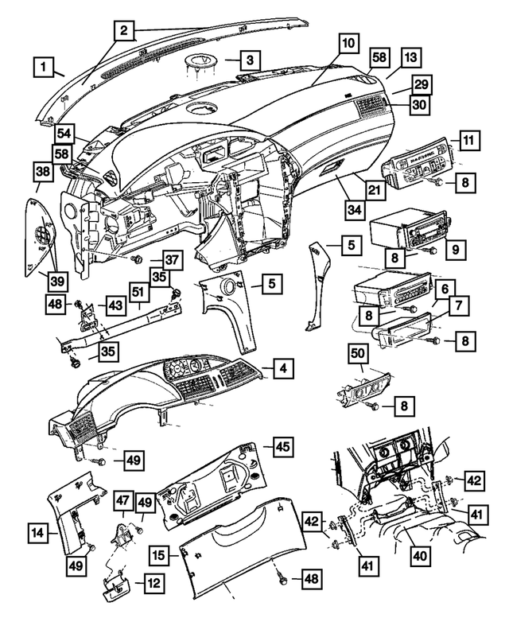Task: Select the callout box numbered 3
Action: (250, 60)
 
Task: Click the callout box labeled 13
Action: (410, 58)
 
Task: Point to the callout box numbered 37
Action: (173, 261)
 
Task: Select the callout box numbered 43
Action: (115, 305)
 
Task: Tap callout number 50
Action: (359, 352)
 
